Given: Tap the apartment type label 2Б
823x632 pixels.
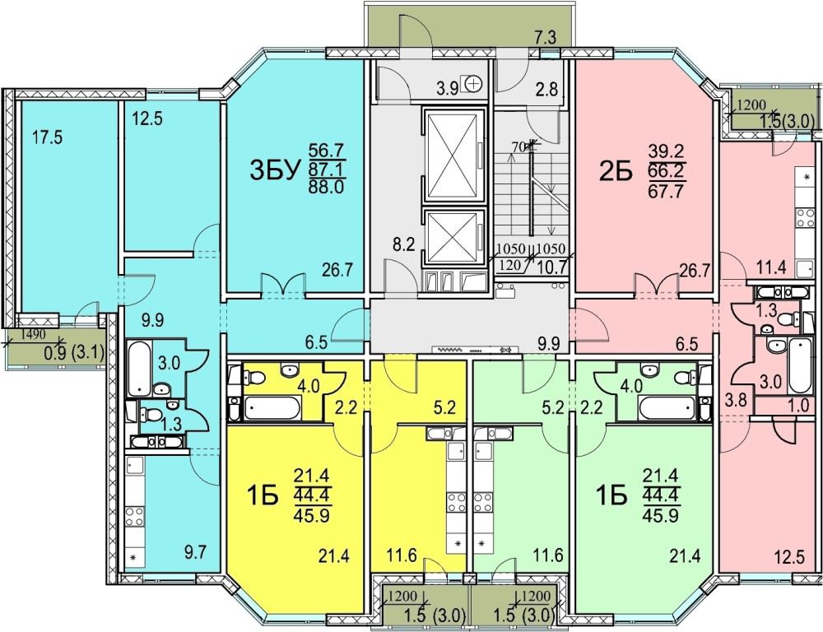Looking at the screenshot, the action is coord(616,171).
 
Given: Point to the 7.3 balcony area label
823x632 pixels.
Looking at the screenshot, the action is coord(545,38).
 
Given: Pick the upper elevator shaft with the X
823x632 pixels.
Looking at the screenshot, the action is coord(453,156).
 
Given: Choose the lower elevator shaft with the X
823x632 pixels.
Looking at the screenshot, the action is coord(453,237).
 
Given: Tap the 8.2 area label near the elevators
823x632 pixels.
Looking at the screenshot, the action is coord(404,244).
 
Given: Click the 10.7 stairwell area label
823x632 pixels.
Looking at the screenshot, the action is coord(553,267).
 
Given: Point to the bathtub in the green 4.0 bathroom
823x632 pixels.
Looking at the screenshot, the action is coord(667,408).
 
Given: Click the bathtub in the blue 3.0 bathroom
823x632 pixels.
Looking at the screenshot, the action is coord(139,369).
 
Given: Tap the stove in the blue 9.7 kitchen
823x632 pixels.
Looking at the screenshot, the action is coord(135,516).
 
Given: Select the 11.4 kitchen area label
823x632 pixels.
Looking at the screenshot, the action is coord(770,267).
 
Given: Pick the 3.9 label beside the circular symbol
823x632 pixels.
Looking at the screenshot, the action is coord(447,89).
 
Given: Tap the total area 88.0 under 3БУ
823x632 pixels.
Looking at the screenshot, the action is coord(326,187).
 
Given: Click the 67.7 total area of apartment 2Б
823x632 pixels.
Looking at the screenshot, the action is coord(666,191).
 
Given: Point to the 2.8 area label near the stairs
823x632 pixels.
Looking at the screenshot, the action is coord(546,90).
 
